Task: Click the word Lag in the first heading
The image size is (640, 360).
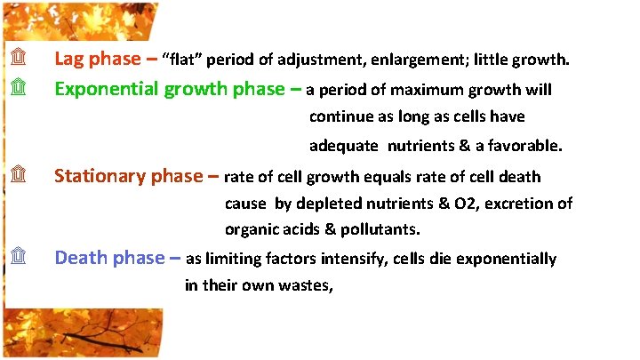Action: click(70, 60)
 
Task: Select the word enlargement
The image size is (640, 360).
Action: click(418, 60)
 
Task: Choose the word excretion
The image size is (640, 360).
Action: click(521, 204)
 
